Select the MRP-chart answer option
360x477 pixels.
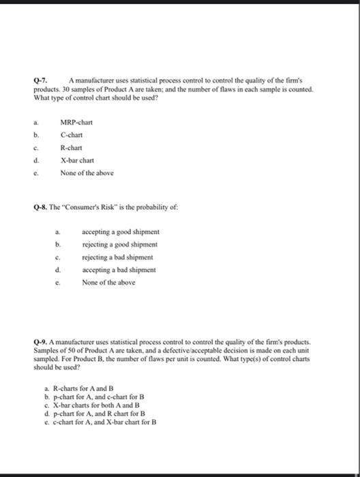coord(76,122)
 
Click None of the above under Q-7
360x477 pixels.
coord(87,172)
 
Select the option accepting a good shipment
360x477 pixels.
coord(121,232)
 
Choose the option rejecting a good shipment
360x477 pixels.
coord(120,244)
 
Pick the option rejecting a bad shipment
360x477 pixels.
coord(117,257)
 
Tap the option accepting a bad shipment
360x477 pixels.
coord(119,270)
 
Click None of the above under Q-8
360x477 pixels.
coord(108,282)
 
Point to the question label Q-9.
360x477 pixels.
coord(40,341)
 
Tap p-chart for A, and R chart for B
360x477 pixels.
coord(99,413)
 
